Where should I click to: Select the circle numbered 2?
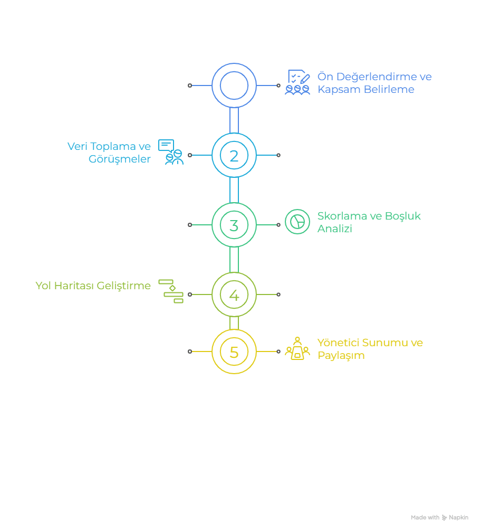click(234, 155)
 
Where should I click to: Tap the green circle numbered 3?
click(234, 225)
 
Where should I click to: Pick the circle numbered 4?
click(234, 294)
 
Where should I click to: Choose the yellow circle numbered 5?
click(234, 351)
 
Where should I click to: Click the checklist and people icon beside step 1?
click(297, 83)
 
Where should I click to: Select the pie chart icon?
click(297, 222)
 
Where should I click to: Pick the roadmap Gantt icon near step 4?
click(171, 291)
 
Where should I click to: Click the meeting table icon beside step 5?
click(297, 348)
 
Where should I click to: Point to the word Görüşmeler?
click(119, 159)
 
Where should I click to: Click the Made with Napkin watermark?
click(439, 518)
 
